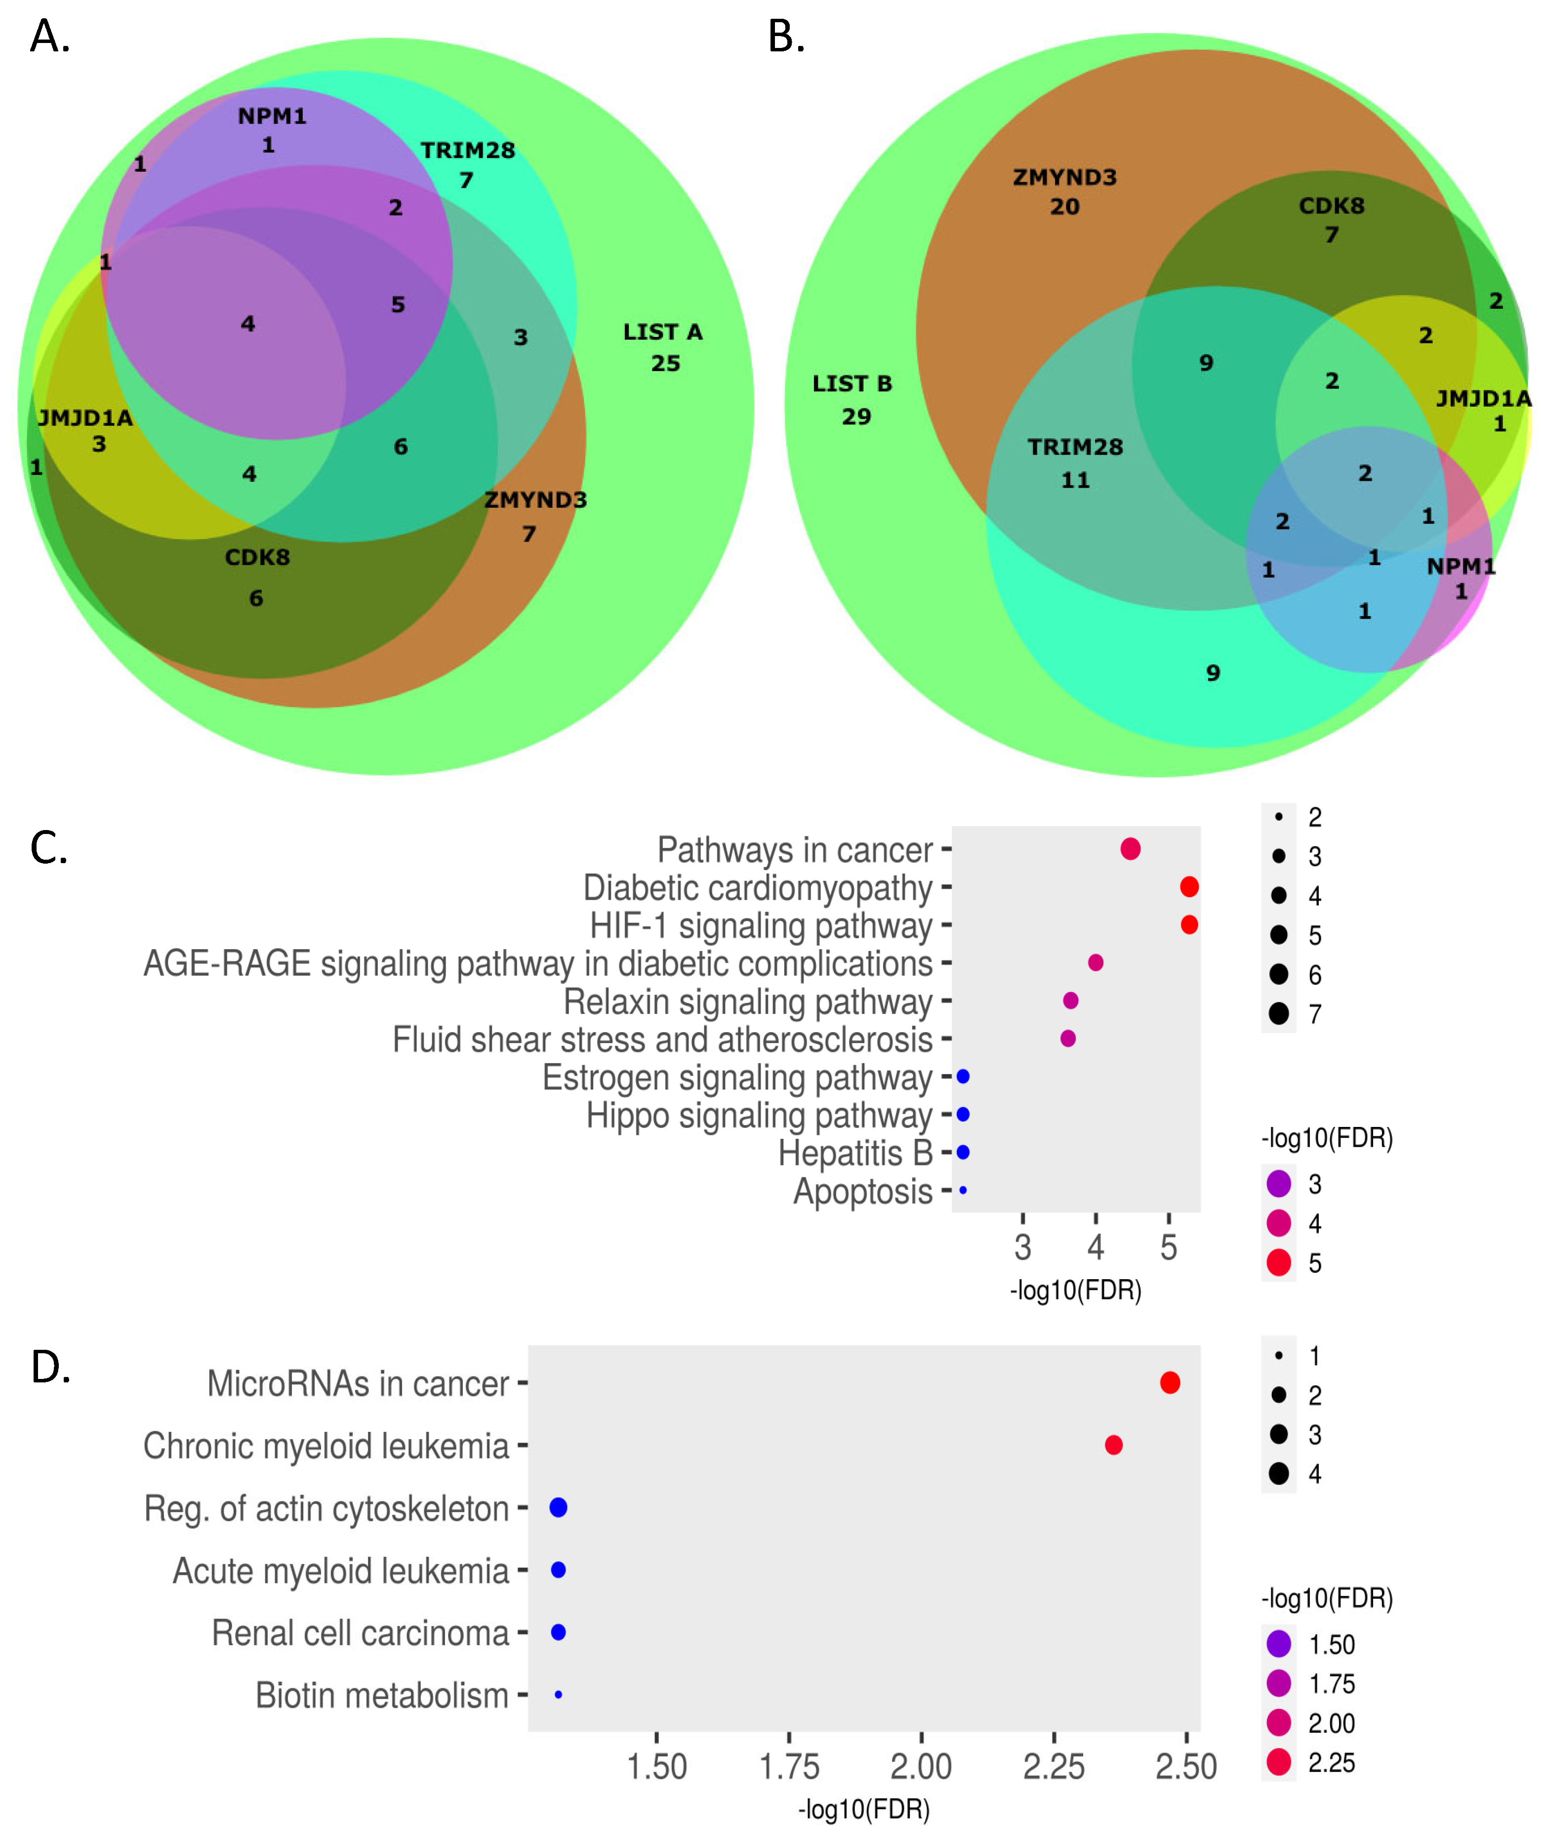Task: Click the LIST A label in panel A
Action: pos(662,332)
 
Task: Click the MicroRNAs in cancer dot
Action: pos(1170,1382)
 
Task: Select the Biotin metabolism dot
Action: pos(558,1695)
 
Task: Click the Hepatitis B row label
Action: pos(855,1153)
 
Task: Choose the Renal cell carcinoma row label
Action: pos(360,1633)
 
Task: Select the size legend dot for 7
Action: pos(1279,1013)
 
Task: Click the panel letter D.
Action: pos(51,1367)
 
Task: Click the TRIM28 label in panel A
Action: pos(467,150)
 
